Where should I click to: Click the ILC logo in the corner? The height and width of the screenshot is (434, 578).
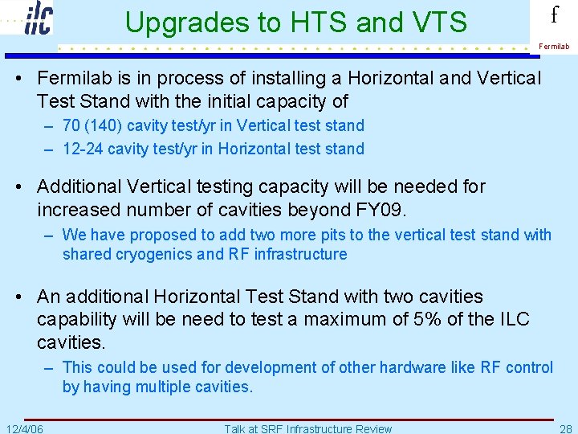click(37, 18)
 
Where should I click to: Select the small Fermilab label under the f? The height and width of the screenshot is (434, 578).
click(554, 47)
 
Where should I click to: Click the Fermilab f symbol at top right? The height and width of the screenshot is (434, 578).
click(553, 16)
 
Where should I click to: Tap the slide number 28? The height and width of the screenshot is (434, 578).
click(565, 428)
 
